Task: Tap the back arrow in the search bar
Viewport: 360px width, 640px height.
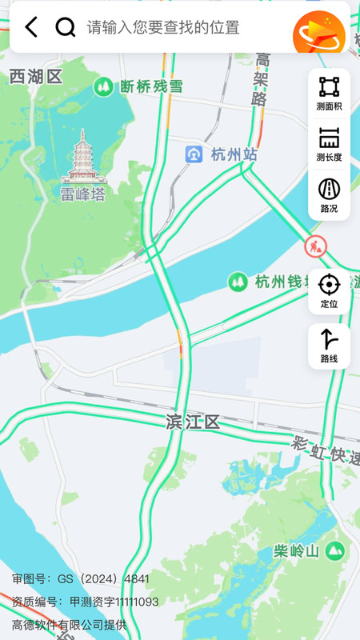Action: pos(31,27)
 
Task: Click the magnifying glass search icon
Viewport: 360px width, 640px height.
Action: pos(65,27)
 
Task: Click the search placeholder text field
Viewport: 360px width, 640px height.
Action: pos(163,27)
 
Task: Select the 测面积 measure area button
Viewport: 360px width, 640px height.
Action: pos(329,93)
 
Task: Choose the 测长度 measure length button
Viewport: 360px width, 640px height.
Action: pos(329,144)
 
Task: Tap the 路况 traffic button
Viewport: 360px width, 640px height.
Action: pos(329,195)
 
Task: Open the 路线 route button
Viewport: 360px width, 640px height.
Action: pos(329,346)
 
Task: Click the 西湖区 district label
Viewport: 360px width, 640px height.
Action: pos(36,77)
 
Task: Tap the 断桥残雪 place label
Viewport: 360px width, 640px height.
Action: pos(150,86)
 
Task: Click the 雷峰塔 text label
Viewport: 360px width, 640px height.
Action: pos(82,194)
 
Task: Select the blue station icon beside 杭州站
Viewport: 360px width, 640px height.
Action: pos(194,154)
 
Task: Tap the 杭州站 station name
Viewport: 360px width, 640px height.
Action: pos(234,154)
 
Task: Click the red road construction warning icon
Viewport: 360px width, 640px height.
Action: pos(315,246)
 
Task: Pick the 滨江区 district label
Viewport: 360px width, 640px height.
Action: pos(192,422)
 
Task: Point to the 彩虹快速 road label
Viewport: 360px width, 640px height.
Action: pos(325,450)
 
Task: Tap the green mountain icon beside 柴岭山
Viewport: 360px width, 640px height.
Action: pos(335,550)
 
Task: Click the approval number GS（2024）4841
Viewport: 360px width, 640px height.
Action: pos(80,578)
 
